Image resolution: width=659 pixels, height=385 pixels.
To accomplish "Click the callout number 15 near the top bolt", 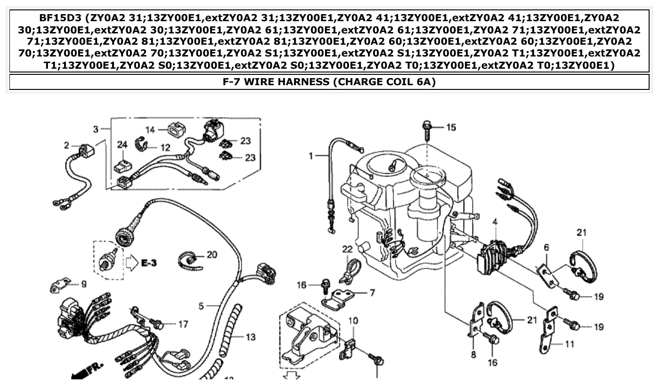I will [x=451, y=128].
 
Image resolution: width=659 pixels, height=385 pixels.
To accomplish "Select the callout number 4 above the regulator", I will [x=495, y=222].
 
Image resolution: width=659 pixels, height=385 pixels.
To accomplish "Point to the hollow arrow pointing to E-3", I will [x=131, y=262].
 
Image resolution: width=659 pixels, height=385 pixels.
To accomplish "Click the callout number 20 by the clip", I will [x=212, y=255].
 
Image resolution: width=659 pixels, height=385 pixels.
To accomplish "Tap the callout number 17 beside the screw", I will [x=183, y=324].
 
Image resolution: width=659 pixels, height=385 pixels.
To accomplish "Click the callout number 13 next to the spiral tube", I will [x=250, y=337].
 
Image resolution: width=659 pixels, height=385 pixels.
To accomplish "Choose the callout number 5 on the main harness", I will [x=201, y=306].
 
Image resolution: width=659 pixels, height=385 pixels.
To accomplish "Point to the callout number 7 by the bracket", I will [x=372, y=293].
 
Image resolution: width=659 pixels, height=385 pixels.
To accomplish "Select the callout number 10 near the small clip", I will [x=353, y=321].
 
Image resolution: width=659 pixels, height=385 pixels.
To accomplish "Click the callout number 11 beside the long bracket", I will [x=570, y=344].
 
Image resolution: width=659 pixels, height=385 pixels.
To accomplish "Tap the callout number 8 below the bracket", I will [x=473, y=354].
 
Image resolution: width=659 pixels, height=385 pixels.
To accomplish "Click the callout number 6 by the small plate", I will [x=546, y=248].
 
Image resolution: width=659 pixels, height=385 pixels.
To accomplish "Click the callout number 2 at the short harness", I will [x=67, y=146].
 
